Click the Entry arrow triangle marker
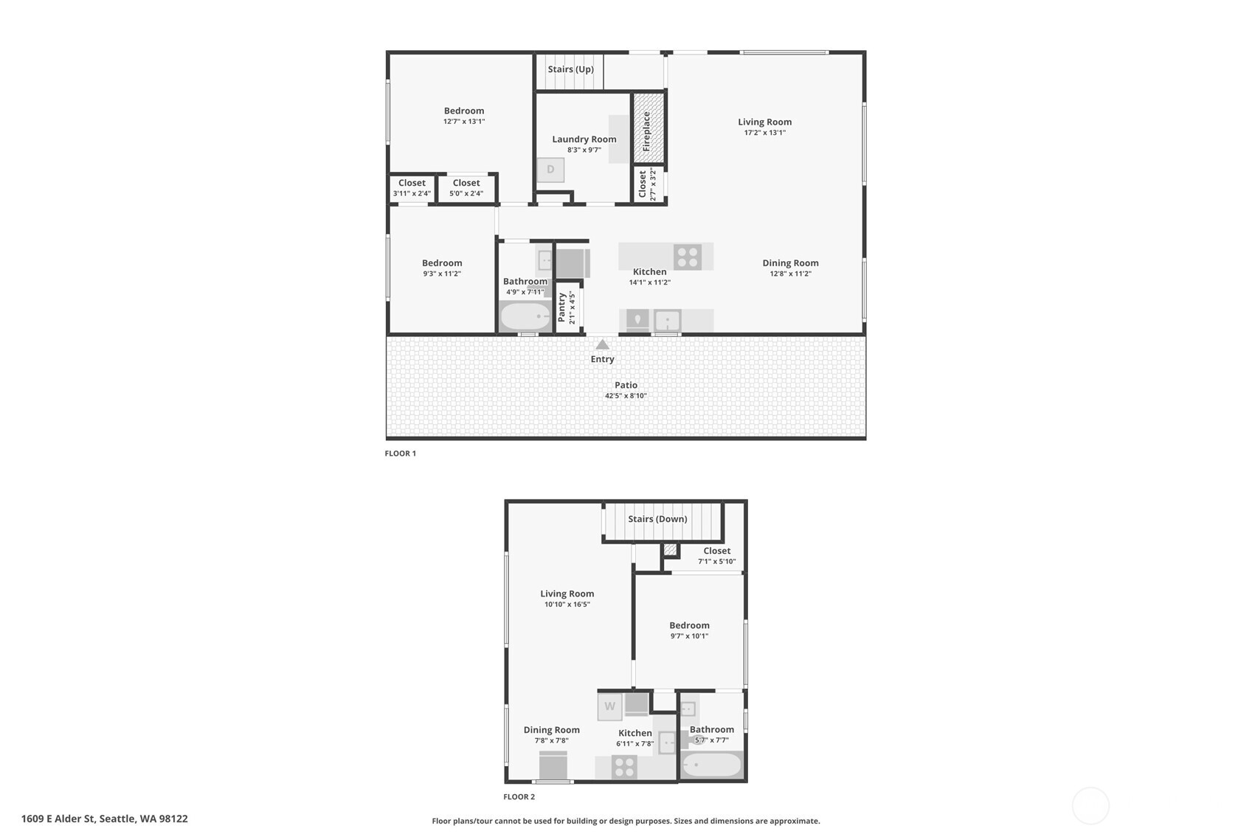(602, 344)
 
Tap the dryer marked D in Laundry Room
(550, 170)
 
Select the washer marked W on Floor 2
(609, 706)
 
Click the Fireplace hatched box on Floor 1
(649, 128)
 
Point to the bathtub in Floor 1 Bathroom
(525, 317)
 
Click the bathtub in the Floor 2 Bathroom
(711, 765)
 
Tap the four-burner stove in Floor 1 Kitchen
(688, 257)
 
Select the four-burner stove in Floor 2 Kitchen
(625, 767)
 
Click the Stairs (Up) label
(570, 69)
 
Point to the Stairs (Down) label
(657, 519)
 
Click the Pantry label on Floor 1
(562, 307)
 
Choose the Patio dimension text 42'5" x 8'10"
(626, 396)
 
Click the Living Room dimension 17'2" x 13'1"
(765, 133)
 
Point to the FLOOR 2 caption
(519, 797)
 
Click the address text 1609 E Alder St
(105, 819)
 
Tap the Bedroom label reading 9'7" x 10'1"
(689, 636)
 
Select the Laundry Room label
(584, 139)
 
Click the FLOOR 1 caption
(400, 454)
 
